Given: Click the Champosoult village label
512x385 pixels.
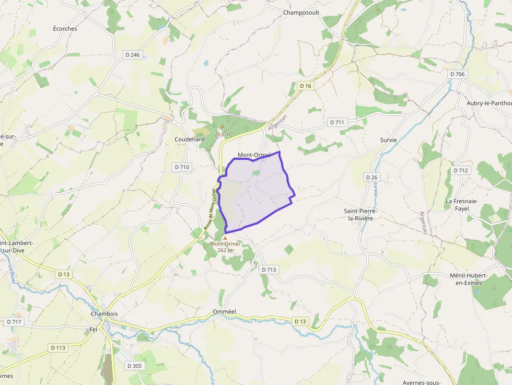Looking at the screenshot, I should (300, 12).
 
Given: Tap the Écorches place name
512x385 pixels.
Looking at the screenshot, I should (65, 29).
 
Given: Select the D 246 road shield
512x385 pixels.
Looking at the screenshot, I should (133, 55).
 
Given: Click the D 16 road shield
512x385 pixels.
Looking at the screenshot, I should (306, 86).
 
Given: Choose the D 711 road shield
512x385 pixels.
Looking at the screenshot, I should (337, 122).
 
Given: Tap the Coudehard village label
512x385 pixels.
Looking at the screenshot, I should (190, 139).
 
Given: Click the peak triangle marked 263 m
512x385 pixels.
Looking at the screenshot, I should (223, 126).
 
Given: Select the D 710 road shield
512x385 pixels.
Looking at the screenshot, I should (182, 167).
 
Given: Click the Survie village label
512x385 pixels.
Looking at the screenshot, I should (389, 140).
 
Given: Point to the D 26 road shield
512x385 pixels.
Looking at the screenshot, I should (371, 178).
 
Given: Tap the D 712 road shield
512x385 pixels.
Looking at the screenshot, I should (461, 170).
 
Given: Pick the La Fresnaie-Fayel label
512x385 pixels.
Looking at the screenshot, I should (457, 205).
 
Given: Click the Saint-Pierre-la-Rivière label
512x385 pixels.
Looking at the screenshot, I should (360, 214).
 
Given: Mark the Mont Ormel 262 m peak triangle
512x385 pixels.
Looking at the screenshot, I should (225, 238).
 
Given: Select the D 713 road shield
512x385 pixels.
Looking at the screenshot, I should (268, 270).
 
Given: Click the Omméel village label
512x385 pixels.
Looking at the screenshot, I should (225, 312).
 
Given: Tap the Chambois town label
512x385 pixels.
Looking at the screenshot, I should (104, 314).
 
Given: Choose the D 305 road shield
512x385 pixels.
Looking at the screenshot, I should (134, 366).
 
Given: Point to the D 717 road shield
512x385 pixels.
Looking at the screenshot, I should (14, 322).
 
